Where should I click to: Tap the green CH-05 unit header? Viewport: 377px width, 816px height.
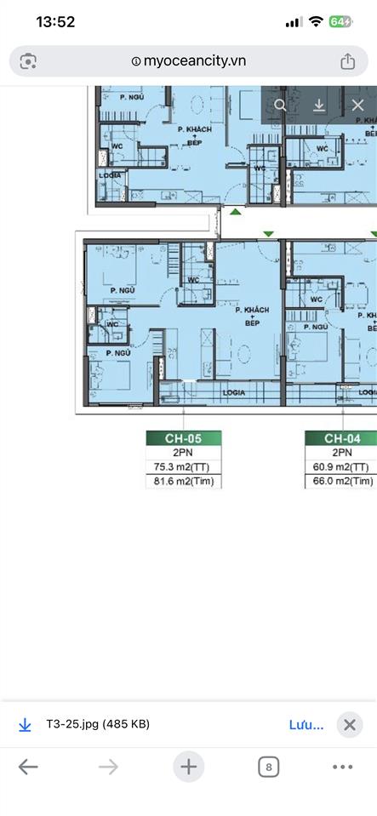click(x=184, y=438)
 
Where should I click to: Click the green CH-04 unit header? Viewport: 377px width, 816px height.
click(x=341, y=438)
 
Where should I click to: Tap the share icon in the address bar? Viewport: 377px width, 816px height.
click(x=347, y=61)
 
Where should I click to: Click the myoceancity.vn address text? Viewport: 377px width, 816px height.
click(x=194, y=61)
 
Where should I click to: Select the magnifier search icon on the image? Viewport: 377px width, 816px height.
click(x=281, y=106)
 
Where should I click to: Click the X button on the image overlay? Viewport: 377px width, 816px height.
click(x=357, y=106)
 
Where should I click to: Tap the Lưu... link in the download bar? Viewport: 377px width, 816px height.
click(x=306, y=725)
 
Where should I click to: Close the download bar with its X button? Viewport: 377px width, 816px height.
click(x=349, y=725)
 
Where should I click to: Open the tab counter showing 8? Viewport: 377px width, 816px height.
click(x=268, y=767)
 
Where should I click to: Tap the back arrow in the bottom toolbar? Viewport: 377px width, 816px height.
click(x=28, y=767)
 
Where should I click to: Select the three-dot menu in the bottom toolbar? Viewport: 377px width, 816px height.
click(x=343, y=767)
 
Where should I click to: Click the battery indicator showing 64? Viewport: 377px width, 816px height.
click(x=340, y=22)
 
